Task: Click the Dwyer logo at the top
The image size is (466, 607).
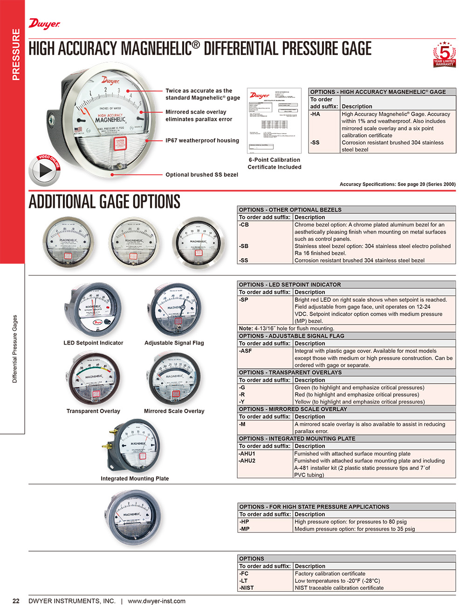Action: click(x=44, y=24)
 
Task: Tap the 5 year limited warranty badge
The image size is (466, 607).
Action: click(x=444, y=54)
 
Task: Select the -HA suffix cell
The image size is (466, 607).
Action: click(x=315, y=114)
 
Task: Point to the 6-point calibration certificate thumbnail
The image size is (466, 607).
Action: click(x=274, y=120)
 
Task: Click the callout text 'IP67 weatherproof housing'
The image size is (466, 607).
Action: click(x=202, y=140)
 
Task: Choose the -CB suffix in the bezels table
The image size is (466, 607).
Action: click(x=244, y=225)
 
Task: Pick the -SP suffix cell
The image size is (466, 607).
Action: click(x=244, y=300)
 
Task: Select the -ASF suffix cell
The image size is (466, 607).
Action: click(x=246, y=351)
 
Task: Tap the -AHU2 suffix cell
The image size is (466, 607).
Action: click(x=247, y=461)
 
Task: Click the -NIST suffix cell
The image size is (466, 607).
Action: click(x=247, y=588)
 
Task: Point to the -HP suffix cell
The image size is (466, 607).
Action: click(x=244, y=522)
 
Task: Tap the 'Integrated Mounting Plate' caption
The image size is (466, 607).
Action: click(x=135, y=478)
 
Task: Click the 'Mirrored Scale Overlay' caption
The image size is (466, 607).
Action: click(x=174, y=411)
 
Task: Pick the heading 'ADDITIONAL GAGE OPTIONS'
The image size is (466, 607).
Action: click(x=104, y=202)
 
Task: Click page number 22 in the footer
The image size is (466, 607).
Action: click(x=16, y=601)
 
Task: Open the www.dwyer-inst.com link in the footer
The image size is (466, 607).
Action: click(x=157, y=601)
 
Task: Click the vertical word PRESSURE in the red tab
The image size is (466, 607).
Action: click(x=16, y=55)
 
